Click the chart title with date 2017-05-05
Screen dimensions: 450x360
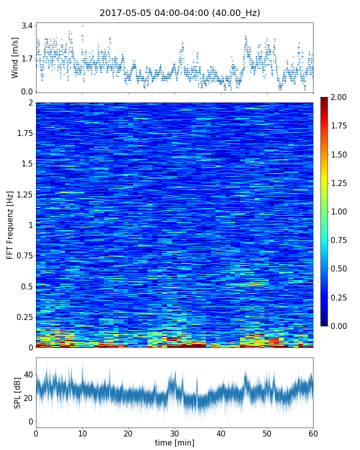click(180, 13)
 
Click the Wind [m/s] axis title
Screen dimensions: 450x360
click(15, 57)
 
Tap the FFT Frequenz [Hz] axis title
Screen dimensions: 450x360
click(10, 224)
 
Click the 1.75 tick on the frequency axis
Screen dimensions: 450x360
click(23, 133)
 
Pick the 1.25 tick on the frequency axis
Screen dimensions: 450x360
click(23, 194)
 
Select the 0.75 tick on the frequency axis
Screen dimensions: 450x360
click(23, 256)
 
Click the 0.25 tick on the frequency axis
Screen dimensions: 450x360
click(23, 317)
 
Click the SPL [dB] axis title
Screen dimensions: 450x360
click(17, 392)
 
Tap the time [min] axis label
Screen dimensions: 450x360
click(174, 442)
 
